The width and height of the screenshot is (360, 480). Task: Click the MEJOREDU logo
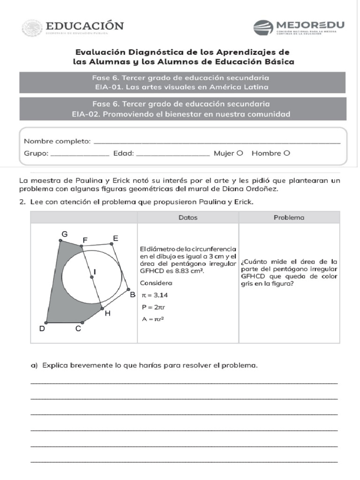pyautogui.click(x=299, y=27)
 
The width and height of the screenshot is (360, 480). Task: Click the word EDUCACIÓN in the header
pyautogui.click(x=84, y=26)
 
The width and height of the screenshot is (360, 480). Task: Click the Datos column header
pyautogui.click(x=188, y=217)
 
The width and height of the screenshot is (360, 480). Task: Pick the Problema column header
pyautogui.click(x=289, y=217)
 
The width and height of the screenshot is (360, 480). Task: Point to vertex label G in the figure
pyautogui.click(x=64, y=234)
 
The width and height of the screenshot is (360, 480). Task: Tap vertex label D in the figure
pyautogui.click(x=42, y=329)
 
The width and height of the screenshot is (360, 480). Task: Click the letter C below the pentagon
pyautogui.click(x=78, y=329)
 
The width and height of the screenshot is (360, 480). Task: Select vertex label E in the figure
pyautogui.click(x=115, y=238)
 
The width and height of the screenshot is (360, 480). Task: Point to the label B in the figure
pyautogui.click(x=132, y=294)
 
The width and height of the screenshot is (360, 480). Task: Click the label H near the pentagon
pyautogui.click(x=107, y=313)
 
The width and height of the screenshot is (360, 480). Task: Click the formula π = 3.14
pyautogui.click(x=155, y=295)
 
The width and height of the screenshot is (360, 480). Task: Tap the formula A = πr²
pyautogui.click(x=152, y=319)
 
